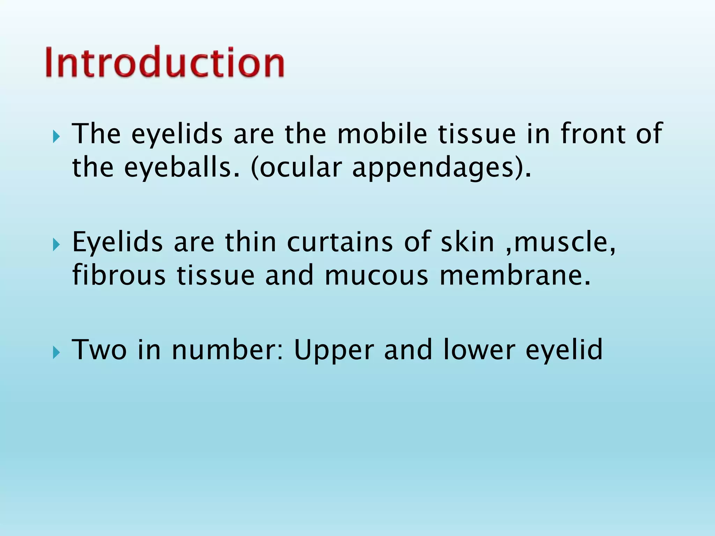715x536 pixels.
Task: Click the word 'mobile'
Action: (382, 134)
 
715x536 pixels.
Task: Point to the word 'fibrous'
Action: (119, 276)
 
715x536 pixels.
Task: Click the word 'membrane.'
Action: (515, 276)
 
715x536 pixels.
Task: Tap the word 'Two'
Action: (99, 350)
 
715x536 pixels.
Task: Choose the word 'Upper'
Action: (334, 350)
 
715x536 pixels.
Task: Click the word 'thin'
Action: (251, 242)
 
